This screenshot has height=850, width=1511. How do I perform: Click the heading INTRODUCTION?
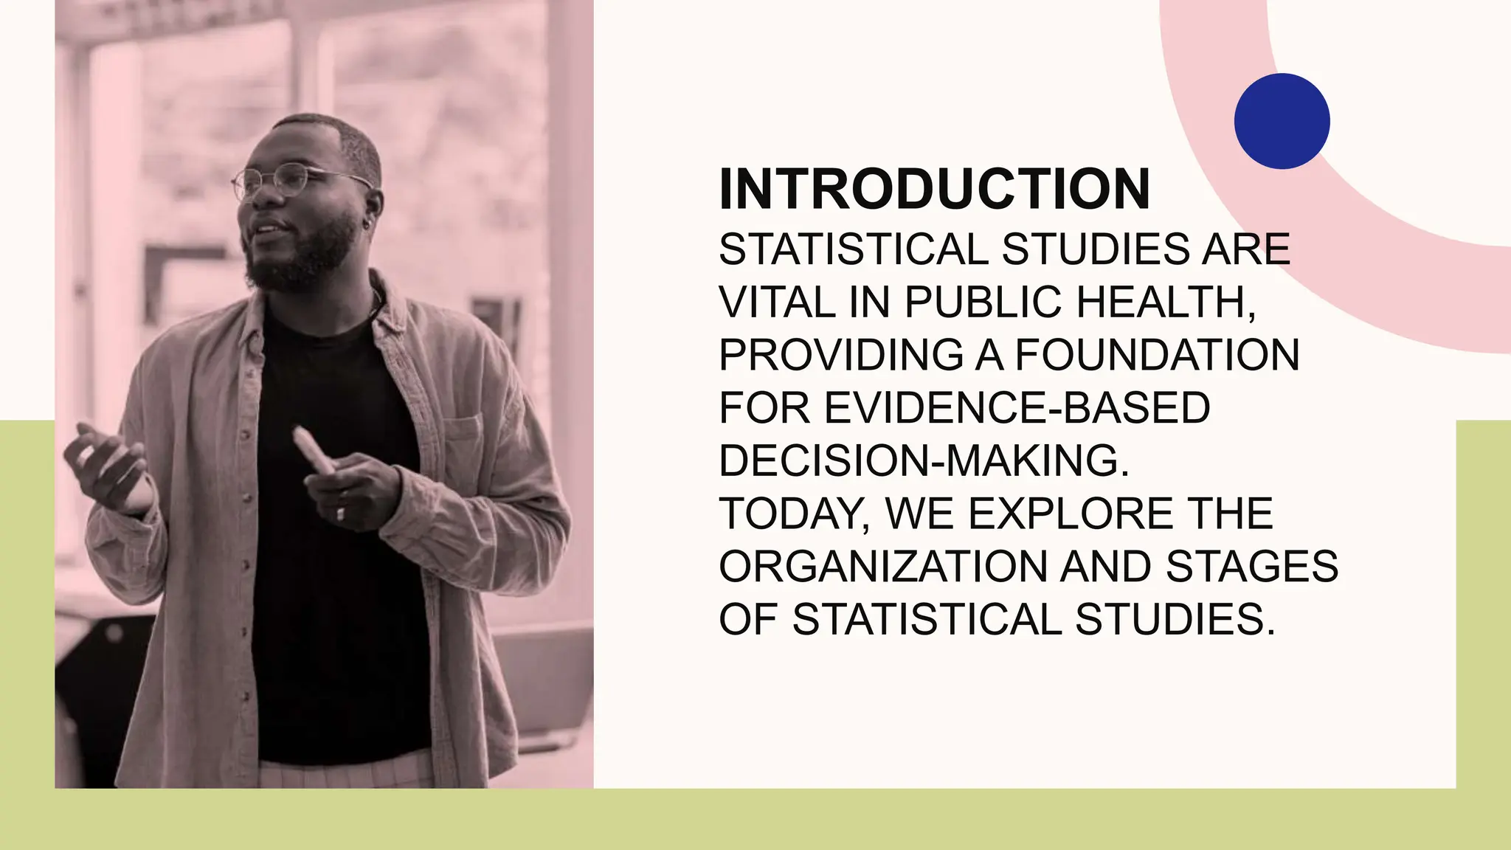934,190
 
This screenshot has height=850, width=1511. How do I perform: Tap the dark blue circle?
1282,121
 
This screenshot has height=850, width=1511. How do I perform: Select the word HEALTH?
1165,303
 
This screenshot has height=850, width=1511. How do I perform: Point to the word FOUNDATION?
1157,356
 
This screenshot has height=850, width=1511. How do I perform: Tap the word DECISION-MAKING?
924,461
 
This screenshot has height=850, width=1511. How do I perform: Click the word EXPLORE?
1070,514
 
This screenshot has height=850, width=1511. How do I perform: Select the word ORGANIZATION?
882,567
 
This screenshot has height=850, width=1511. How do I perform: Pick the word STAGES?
1252,567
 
